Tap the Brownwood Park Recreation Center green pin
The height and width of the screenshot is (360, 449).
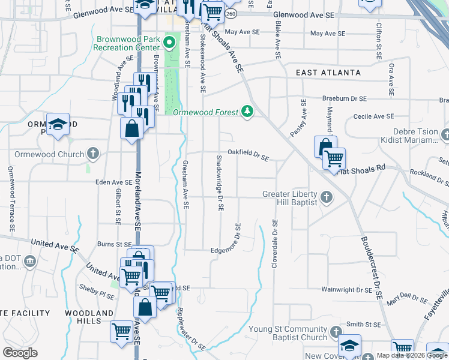coord(169,43)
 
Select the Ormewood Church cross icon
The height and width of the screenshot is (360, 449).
coord(92,154)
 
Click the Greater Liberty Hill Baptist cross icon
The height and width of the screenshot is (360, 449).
coord(327,197)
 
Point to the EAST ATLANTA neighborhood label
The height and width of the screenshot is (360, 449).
coord(328,73)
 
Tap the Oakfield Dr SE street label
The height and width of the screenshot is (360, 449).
coord(247,155)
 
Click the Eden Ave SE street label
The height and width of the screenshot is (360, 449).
coord(114,182)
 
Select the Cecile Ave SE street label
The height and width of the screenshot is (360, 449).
coord(373,116)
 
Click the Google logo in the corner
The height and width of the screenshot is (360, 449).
coord(20,353)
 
